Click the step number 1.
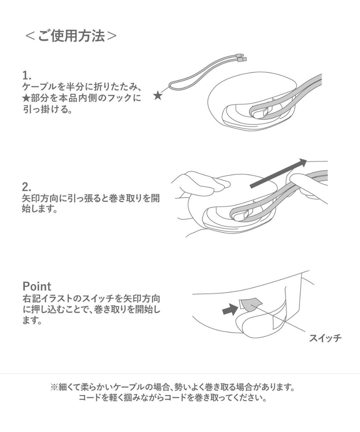click(27, 75)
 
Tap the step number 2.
click(27, 187)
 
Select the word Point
click(37, 286)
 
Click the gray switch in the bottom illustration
click(250, 304)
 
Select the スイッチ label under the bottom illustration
click(325, 338)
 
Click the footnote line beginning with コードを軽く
click(172, 400)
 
